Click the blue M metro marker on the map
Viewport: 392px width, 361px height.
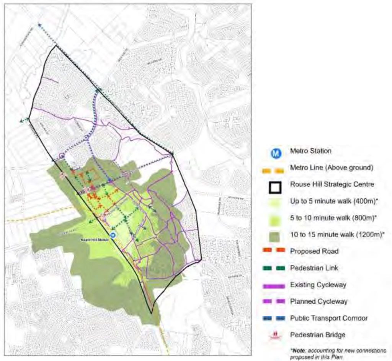113,235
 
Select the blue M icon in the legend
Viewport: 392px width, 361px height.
275,153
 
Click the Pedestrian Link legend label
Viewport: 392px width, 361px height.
314,268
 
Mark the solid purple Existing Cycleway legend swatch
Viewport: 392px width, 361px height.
275,285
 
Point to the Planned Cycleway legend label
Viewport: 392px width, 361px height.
318,301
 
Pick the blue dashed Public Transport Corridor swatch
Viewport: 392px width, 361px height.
275,318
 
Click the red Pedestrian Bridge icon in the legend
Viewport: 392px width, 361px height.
275,335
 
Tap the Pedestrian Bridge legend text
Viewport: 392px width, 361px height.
317,335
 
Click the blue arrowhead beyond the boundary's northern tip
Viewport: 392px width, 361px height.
39,25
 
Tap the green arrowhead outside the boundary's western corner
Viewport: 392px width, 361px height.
21,121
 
